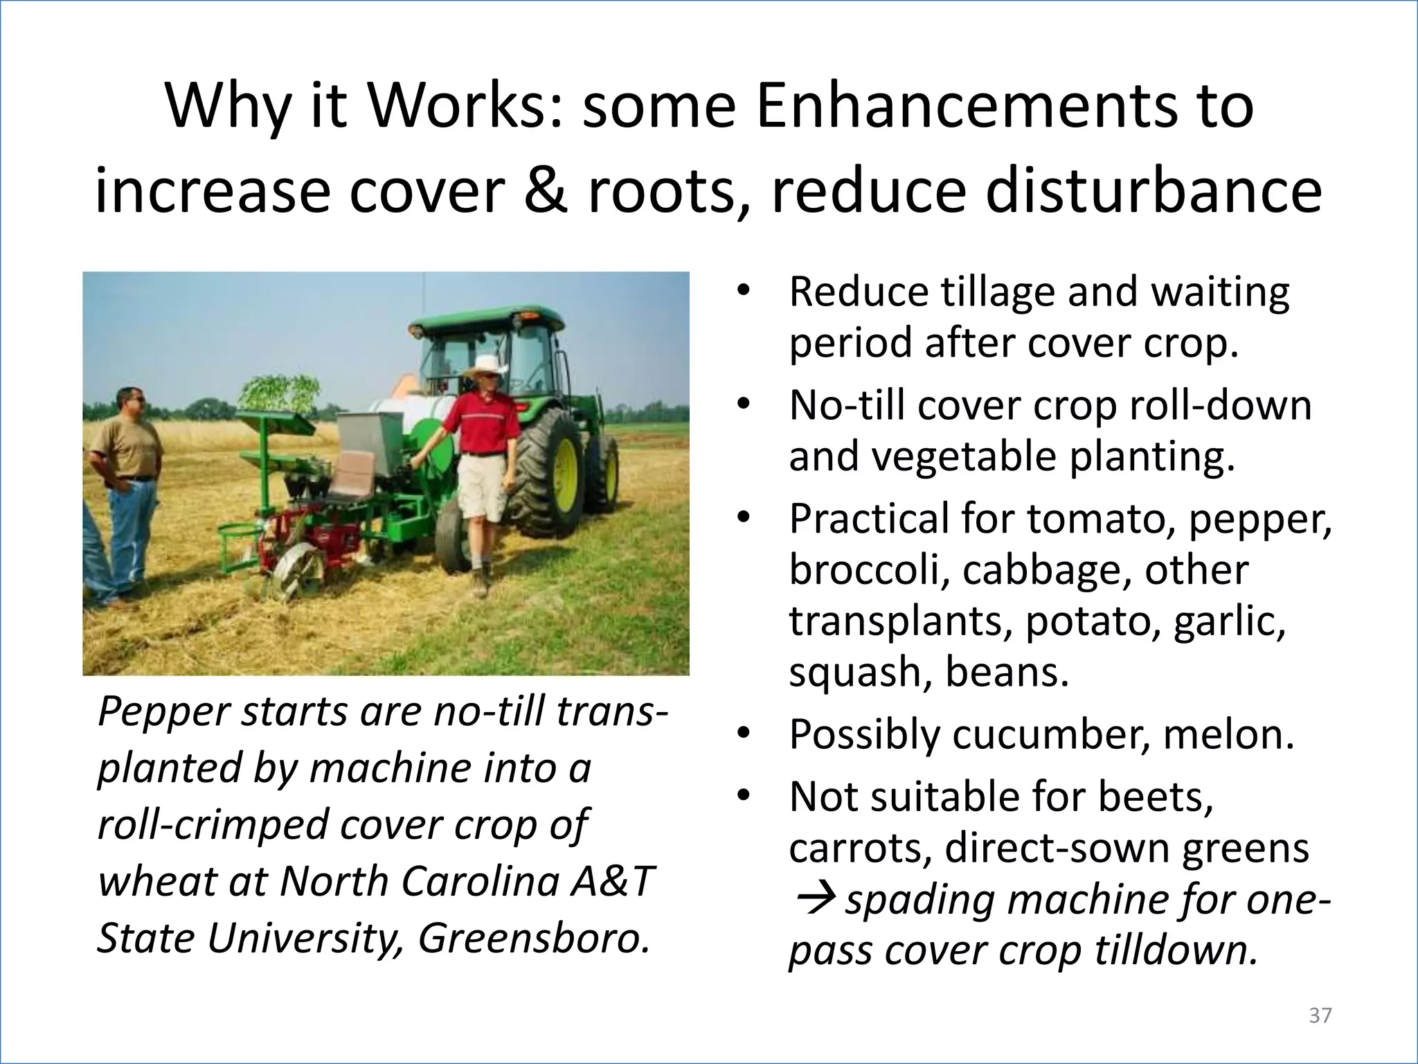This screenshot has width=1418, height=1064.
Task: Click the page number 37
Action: tap(1320, 1016)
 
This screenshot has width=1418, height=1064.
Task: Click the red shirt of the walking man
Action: tap(482, 422)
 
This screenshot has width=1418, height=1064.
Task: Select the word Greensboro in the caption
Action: tap(534, 938)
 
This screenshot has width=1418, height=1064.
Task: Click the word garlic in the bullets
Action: tap(1230, 621)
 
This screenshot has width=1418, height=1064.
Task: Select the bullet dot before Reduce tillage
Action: tap(744, 292)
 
